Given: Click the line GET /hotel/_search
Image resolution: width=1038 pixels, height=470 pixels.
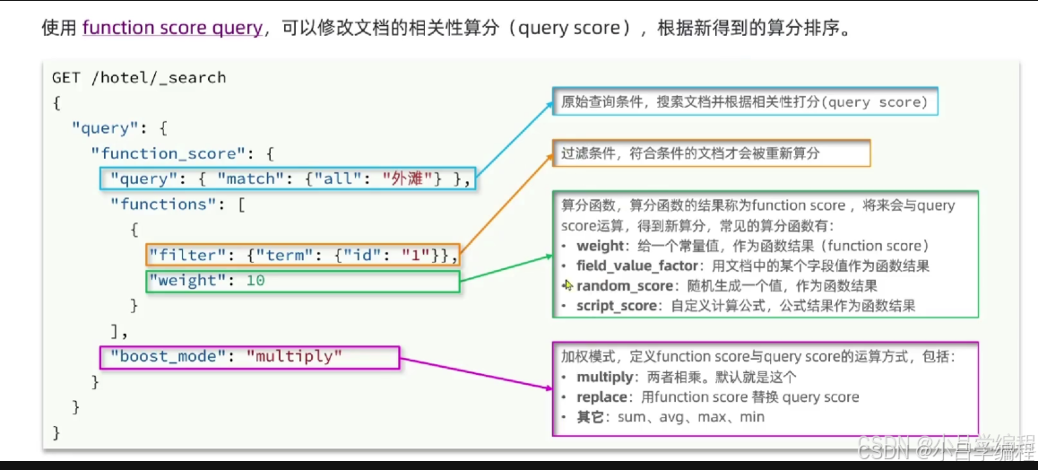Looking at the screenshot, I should (x=139, y=77).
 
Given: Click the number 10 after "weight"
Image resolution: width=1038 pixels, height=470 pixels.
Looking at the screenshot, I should (x=255, y=281).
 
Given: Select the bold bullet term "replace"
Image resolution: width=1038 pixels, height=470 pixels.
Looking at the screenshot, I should (x=602, y=396).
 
